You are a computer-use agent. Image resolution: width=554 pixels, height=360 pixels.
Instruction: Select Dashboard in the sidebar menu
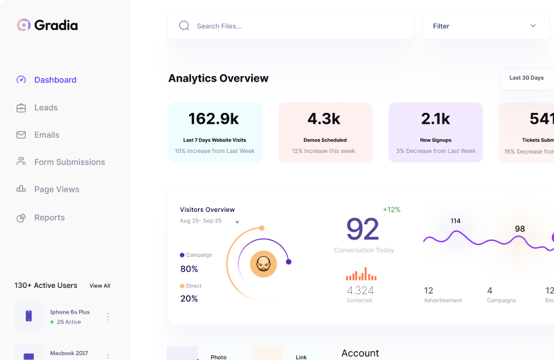55,80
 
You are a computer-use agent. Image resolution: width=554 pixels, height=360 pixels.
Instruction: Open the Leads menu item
46,107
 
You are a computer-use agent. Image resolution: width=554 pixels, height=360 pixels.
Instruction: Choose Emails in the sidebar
46,135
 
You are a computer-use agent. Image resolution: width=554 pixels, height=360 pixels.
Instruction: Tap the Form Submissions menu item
69,162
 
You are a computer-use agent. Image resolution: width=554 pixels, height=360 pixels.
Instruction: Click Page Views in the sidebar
57,189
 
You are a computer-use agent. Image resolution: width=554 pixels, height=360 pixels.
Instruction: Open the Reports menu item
49,217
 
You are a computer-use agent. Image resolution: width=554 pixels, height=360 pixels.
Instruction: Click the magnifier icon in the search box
184,26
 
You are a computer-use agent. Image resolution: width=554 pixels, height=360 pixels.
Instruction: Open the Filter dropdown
485,26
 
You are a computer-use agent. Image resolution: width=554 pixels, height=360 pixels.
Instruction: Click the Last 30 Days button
526,78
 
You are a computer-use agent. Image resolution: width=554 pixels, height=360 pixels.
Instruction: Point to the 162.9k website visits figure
214,118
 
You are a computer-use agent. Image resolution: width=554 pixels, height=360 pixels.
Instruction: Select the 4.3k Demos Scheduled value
324,118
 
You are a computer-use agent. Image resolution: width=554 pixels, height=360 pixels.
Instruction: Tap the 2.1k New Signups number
436,118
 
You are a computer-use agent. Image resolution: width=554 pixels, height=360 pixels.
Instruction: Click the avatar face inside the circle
263,264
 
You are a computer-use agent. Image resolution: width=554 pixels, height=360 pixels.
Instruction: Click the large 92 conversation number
363,229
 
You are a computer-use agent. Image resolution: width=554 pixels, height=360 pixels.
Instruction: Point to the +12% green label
391,210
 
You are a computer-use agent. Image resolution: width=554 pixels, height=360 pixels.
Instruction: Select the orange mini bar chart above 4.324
361,275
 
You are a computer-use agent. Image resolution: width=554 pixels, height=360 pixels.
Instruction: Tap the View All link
100,285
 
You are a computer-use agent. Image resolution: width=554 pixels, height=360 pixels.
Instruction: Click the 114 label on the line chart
455,222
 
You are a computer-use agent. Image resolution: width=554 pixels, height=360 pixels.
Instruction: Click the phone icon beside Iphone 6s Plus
29,316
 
